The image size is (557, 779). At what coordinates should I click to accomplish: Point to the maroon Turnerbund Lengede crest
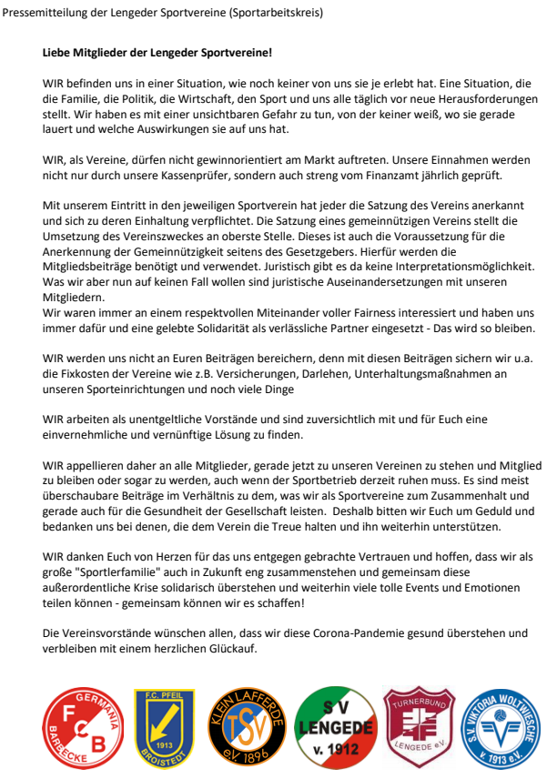[x=418, y=726]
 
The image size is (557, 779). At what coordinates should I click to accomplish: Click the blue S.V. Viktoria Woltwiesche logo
[x=503, y=728]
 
